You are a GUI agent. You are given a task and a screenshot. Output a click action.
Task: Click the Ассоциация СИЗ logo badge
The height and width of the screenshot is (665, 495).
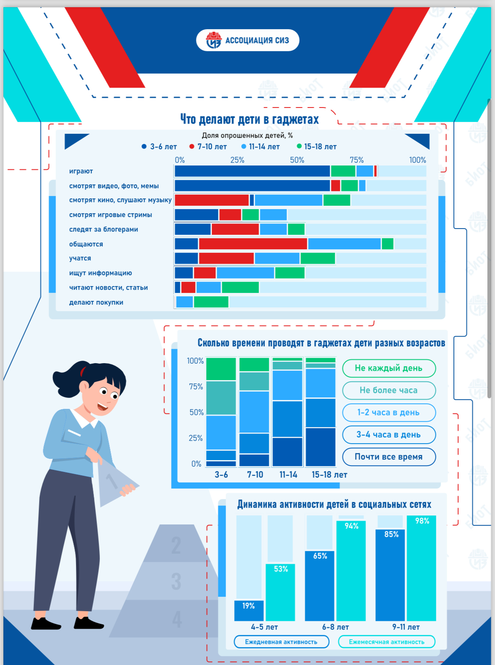247,40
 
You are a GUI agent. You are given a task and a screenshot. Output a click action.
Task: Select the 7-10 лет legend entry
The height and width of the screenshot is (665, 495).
208,146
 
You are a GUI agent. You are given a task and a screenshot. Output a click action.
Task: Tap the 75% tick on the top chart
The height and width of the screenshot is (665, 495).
356,160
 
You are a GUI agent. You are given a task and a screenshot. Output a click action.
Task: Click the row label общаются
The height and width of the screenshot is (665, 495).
86,244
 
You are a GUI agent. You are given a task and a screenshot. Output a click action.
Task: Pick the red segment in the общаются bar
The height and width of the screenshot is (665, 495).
253,244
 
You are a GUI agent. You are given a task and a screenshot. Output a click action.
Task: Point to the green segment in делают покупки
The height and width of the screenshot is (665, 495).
211,302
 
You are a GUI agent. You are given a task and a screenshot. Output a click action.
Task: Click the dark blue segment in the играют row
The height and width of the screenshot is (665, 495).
252,171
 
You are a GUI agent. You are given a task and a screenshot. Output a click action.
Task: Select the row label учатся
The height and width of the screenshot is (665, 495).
80,258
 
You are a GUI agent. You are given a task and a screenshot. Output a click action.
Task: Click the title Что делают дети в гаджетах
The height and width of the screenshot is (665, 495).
249,119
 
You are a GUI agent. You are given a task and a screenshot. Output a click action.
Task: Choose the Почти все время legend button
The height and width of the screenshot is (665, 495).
388,457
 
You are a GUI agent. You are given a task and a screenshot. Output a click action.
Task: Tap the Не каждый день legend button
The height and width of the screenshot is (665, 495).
388,368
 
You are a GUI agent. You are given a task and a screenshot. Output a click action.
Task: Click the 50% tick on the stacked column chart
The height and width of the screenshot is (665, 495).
196,412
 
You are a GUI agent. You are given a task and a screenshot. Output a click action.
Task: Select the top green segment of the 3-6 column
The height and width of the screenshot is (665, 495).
221,369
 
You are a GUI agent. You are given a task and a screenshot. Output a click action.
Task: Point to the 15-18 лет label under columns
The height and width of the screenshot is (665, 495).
329,475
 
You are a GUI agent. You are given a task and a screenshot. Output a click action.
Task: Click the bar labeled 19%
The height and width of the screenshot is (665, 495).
249,610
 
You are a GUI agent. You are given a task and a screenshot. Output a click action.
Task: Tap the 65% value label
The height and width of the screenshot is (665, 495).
320,556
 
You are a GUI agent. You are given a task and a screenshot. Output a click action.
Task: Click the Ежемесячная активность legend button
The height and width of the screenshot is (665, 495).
386,642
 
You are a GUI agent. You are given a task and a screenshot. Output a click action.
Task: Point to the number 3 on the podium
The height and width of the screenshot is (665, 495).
176,581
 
